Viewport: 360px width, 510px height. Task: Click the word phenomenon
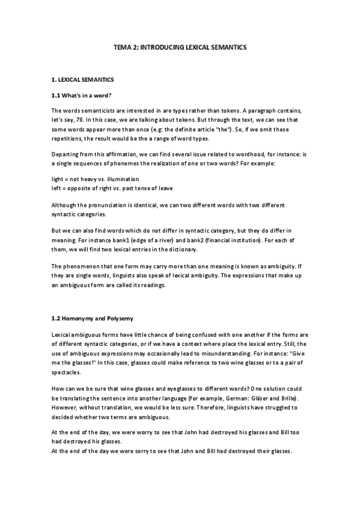point(84,265)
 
